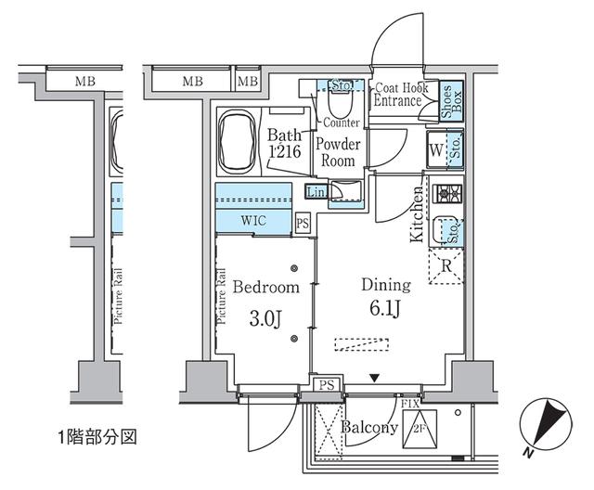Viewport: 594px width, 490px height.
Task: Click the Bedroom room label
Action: (266, 287)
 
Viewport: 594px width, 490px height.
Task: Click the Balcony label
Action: (370, 429)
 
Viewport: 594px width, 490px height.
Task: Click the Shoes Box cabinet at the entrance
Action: (447, 102)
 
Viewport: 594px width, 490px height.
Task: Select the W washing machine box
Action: (434, 148)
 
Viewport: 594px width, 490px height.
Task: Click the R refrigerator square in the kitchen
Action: (445, 265)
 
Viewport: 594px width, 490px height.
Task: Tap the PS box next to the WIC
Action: (302, 223)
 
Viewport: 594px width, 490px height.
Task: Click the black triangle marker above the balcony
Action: (374, 377)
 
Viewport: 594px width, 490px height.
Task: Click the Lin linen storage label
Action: (316, 192)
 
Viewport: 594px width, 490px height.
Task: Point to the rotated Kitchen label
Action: (418, 214)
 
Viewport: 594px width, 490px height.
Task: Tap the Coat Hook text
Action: (400, 88)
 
